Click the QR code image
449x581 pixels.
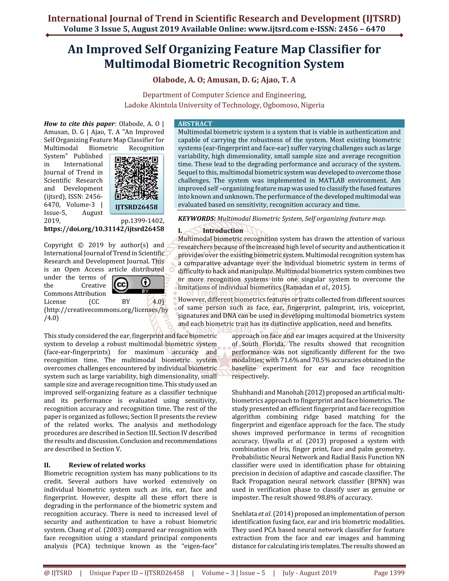click(136, 178)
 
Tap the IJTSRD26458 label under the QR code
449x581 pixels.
click(136, 207)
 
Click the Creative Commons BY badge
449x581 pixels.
click(138, 284)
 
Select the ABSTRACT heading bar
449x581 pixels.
click(289, 123)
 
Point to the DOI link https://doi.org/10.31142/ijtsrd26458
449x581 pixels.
click(104, 229)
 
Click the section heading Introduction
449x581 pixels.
click(223, 231)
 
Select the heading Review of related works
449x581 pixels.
click(107, 465)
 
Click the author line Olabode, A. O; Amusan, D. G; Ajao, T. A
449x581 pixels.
click(224, 80)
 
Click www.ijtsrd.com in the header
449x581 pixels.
click(278, 29)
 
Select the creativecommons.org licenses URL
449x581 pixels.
click(106, 310)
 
